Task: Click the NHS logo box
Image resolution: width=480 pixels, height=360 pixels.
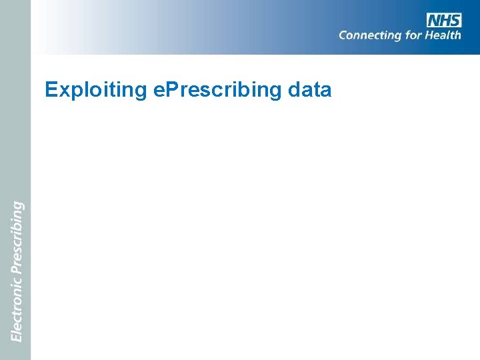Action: pos(444,20)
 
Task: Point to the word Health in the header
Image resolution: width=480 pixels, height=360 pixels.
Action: pos(443,35)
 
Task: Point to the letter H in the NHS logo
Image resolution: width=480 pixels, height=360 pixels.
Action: pos(445,20)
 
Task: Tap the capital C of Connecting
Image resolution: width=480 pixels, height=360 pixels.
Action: pos(343,35)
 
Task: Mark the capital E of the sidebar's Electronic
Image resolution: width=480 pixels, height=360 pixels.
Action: pos(17,337)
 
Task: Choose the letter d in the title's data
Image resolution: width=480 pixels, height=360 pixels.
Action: pos(297,89)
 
